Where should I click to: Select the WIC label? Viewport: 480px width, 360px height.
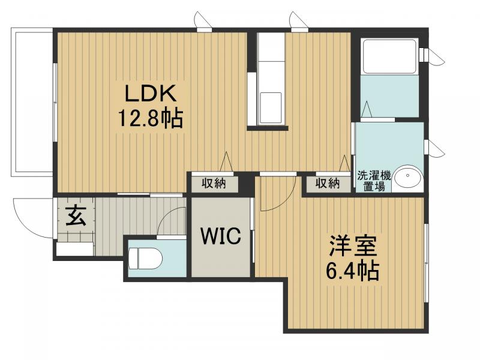(221, 236)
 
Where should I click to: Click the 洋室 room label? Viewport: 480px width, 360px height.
(352, 245)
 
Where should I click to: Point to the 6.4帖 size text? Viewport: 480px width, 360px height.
(352, 271)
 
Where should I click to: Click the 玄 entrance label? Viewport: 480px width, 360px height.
(76, 215)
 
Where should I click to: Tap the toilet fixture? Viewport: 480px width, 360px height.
(145, 258)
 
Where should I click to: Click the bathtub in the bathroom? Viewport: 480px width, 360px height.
(389, 56)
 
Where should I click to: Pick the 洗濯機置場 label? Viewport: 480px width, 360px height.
(374, 181)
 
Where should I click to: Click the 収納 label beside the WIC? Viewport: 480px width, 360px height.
(214, 184)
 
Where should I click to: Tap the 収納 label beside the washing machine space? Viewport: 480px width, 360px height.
(328, 184)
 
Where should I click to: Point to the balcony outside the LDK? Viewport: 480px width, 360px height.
(32, 102)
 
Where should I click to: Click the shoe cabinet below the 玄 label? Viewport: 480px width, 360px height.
(75, 248)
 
